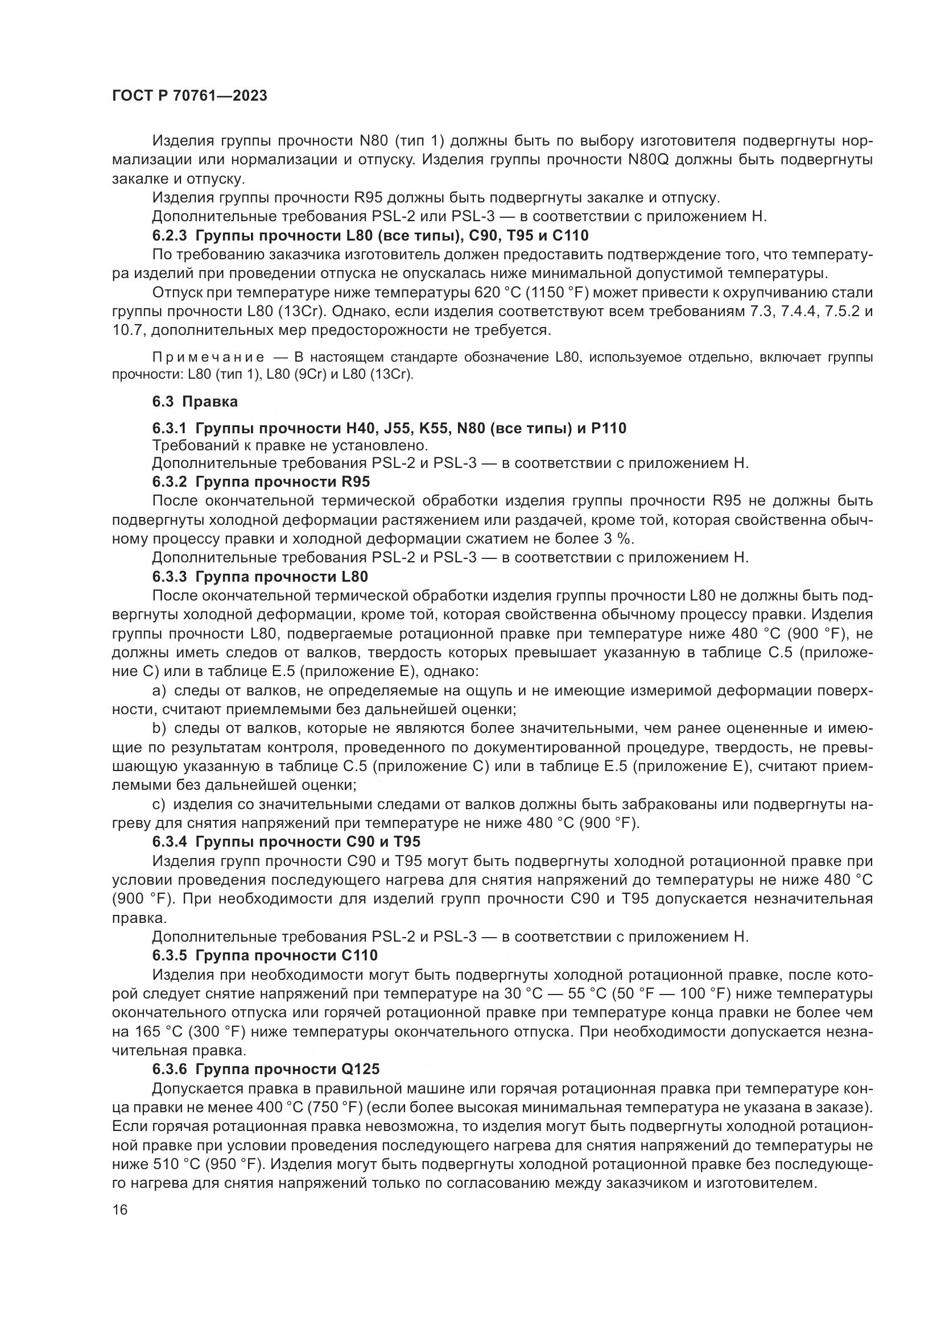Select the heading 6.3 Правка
(195, 401)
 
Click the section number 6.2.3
(169, 236)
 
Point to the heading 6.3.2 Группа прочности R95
(261, 482)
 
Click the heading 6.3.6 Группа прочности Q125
(266, 1069)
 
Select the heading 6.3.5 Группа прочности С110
(265, 955)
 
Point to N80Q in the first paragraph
(648, 160)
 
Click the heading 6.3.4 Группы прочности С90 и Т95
(286, 842)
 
